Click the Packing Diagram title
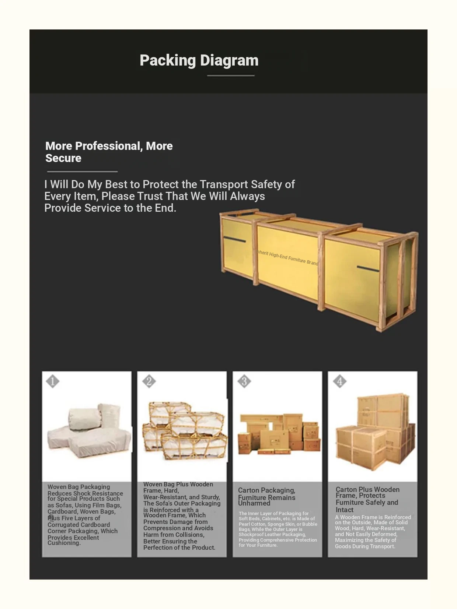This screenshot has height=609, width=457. coord(199,60)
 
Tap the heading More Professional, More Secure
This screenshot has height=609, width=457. coord(109,152)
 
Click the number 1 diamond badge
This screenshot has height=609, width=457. coord(53,381)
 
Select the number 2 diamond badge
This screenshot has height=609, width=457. coord(149,381)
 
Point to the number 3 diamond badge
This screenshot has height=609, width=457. coord(244,381)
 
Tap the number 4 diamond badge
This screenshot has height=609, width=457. coord(339,381)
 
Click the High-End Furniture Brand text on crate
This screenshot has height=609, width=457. coord(287,257)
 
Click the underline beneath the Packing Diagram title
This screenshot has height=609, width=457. coord(231,75)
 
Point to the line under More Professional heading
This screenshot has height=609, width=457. coord(82,171)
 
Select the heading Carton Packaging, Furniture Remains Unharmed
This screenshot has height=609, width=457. coord(266,496)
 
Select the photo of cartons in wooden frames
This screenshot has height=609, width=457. coord(374,431)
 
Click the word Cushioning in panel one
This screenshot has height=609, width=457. coord(64,543)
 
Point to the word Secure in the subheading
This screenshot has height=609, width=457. coord(63,158)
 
